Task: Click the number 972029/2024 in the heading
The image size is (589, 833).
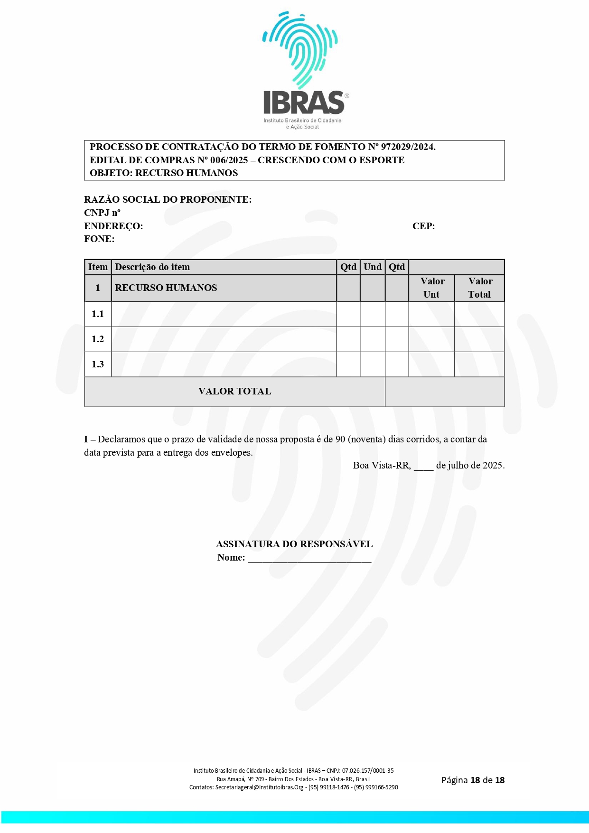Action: (408, 147)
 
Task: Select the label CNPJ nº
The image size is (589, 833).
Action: (102, 213)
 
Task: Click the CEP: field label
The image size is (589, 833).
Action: (423, 226)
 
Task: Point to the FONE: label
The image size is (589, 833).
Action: (99, 239)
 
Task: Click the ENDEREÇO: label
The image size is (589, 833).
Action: (113, 226)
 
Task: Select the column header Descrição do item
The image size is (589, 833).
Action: (152, 267)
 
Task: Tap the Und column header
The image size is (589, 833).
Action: (373, 267)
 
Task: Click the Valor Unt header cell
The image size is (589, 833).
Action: (432, 288)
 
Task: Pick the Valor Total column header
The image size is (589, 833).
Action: (480, 288)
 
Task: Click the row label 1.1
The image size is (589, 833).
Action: (98, 314)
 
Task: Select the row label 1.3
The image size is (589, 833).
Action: (98, 365)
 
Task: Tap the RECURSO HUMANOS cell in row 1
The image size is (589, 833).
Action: (166, 288)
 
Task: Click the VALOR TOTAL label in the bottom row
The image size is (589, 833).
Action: (234, 392)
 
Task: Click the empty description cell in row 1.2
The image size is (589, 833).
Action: (224, 339)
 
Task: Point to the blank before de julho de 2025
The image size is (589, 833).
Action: (423, 466)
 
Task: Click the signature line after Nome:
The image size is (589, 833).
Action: (309, 558)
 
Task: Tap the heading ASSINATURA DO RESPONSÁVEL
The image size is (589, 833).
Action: (294, 544)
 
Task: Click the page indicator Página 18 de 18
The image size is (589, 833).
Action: (473, 780)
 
